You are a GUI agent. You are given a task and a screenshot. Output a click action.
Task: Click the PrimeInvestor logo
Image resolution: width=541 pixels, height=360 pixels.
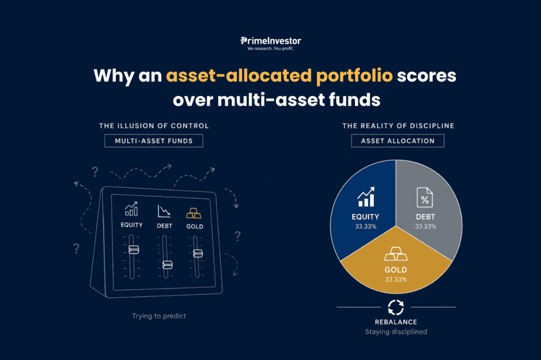(x=270, y=43)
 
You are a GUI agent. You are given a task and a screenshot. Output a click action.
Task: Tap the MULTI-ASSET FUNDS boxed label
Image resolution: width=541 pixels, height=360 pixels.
(x=154, y=141)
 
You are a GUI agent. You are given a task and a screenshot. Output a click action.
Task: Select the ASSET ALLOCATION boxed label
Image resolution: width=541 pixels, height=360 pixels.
(x=398, y=141)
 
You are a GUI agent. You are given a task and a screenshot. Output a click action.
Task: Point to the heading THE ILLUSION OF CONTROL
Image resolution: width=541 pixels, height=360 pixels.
(x=154, y=126)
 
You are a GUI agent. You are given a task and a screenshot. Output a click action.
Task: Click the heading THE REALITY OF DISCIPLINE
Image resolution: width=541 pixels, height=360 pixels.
(x=398, y=126)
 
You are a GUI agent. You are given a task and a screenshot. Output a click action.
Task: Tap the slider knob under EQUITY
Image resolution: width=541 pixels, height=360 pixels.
(x=134, y=249)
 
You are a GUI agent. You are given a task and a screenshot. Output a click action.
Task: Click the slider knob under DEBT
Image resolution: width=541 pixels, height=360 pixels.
(x=167, y=264)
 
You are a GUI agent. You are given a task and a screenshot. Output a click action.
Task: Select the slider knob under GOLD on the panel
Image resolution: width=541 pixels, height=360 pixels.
(x=198, y=253)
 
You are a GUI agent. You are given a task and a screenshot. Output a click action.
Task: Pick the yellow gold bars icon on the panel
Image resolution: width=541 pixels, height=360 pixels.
(x=193, y=213)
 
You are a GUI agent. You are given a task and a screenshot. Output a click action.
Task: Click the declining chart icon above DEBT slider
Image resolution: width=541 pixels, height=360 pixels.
(x=164, y=211)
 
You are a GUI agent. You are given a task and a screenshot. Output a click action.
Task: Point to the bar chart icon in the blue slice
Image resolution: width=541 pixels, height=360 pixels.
(x=366, y=197)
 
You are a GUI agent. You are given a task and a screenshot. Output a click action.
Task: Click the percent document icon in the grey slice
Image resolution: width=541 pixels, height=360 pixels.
(x=425, y=197)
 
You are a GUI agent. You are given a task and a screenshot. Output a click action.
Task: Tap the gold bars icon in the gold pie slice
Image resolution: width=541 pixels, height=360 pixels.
(x=396, y=254)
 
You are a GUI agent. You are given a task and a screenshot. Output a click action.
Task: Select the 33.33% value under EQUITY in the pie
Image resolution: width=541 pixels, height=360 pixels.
(x=366, y=226)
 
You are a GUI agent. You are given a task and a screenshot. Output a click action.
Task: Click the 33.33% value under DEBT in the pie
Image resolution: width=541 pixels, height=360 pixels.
(x=425, y=226)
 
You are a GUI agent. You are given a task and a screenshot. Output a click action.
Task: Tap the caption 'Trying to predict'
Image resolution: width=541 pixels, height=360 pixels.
(x=159, y=316)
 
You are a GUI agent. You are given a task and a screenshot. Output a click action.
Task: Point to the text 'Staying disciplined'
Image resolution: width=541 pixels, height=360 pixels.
(x=396, y=331)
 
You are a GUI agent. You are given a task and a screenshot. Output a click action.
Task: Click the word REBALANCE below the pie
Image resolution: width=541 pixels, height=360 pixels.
(x=396, y=322)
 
